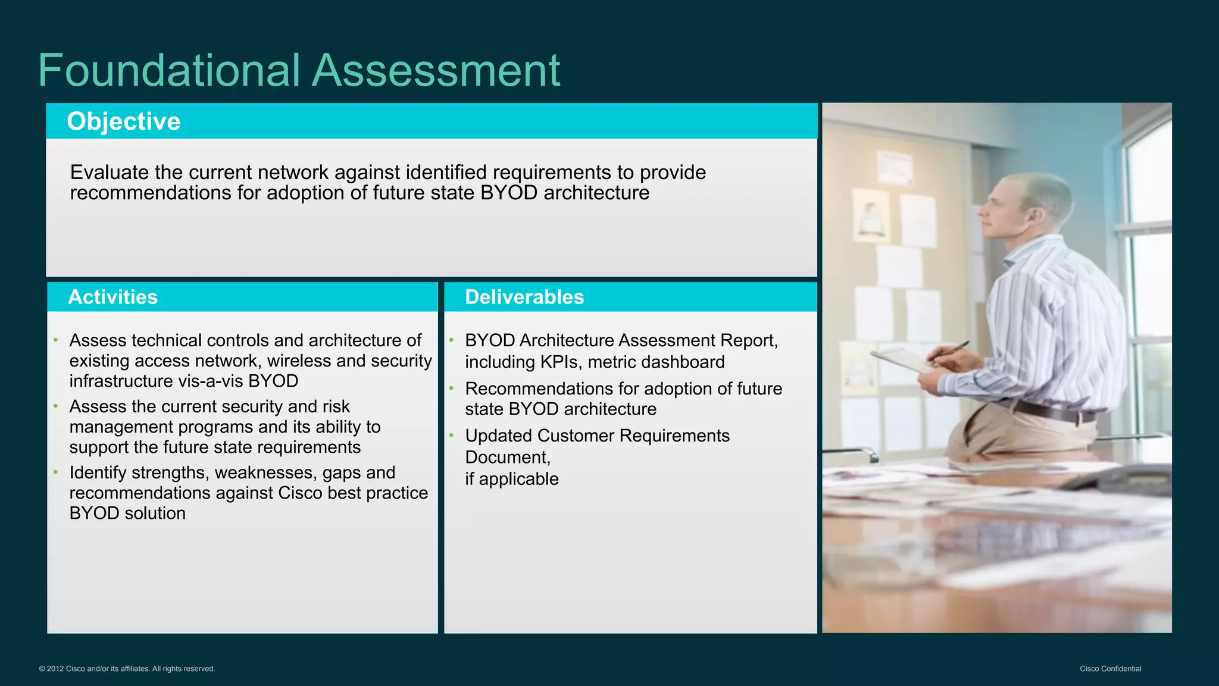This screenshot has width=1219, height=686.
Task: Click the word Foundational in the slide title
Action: click(x=168, y=70)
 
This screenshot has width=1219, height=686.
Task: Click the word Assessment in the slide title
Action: click(x=436, y=70)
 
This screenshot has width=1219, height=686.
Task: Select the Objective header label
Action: click(x=123, y=121)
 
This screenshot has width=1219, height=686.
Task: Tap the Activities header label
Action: click(x=112, y=297)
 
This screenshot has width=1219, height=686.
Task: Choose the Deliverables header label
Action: click(x=524, y=297)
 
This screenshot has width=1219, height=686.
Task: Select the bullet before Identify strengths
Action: click(x=55, y=472)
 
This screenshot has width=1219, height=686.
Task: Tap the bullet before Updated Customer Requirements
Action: click(x=451, y=436)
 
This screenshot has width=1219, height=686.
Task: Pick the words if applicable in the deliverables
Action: click(x=511, y=479)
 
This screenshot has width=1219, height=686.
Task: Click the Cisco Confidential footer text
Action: click(x=1110, y=669)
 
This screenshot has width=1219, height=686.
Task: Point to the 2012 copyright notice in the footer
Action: click(x=127, y=669)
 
